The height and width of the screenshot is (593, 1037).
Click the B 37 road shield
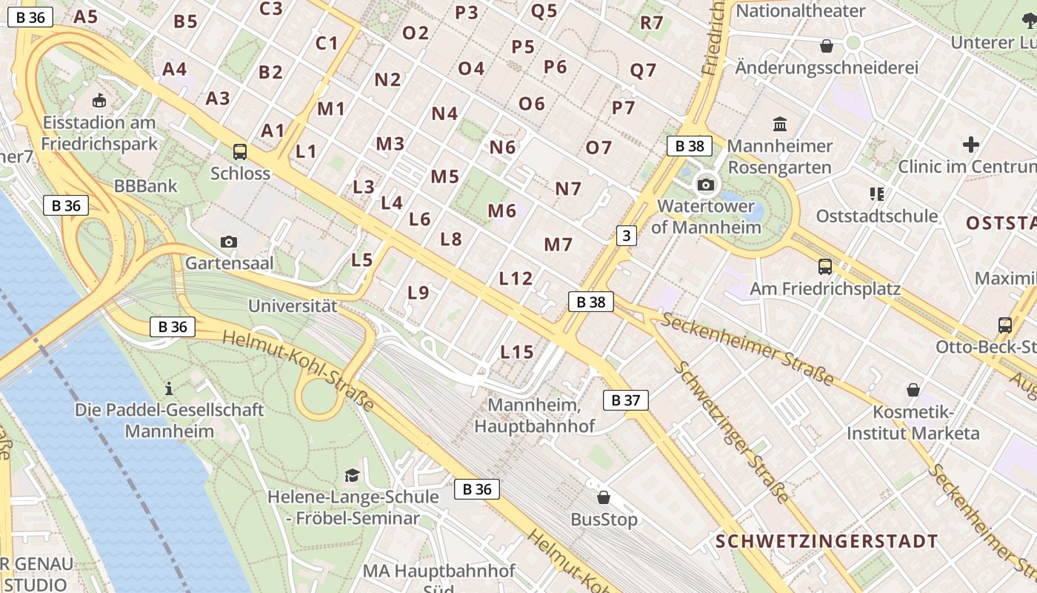click(626, 400)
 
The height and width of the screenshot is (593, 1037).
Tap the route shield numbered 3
click(627, 236)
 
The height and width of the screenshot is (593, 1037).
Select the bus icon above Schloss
click(240, 152)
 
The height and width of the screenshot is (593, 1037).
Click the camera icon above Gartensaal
click(229, 242)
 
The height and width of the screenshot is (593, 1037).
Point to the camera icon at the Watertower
click(706, 185)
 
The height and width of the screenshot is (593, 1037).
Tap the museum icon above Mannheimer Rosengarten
click(780, 124)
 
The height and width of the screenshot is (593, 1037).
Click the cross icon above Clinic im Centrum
click(970, 145)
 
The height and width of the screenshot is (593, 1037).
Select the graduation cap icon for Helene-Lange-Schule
click(352, 475)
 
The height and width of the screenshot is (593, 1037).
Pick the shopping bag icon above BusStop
click(604, 497)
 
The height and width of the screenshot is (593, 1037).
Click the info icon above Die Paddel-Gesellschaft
click(169, 388)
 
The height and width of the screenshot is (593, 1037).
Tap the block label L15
click(517, 352)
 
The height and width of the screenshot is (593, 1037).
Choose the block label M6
click(501, 211)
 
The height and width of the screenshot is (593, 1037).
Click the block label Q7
click(643, 70)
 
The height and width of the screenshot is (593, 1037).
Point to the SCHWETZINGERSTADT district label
click(827, 541)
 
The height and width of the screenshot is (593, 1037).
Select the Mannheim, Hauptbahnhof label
click(534, 416)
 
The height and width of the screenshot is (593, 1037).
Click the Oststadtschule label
click(877, 216)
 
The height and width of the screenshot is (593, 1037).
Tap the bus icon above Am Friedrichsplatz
click(824, 267)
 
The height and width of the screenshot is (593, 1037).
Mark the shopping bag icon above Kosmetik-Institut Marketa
click(913, 390)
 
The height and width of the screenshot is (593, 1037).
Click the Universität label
click(293, 305)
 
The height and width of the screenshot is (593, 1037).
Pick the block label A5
click(86, 16)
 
